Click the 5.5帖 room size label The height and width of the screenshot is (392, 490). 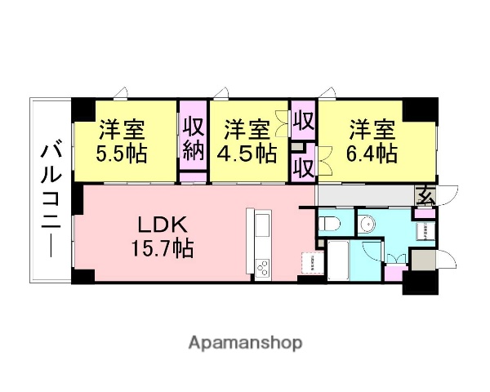(x=122, y=154)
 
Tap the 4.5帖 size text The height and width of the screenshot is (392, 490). (x=247, y=154)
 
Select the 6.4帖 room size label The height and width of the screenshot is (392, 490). (x=373, y=153)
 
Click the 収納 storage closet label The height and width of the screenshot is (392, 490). (x=193, y=139)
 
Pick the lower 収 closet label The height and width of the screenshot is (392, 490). (x=304, y=167)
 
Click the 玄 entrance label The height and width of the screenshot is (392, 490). (x=425, y=195)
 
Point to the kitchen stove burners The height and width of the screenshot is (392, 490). (x=263, y=267)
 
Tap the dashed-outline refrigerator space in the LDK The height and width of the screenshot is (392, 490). (x=313, y=263)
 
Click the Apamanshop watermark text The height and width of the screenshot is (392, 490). (x=245, y=342)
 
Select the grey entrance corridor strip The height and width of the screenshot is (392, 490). (x=367, y=196)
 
